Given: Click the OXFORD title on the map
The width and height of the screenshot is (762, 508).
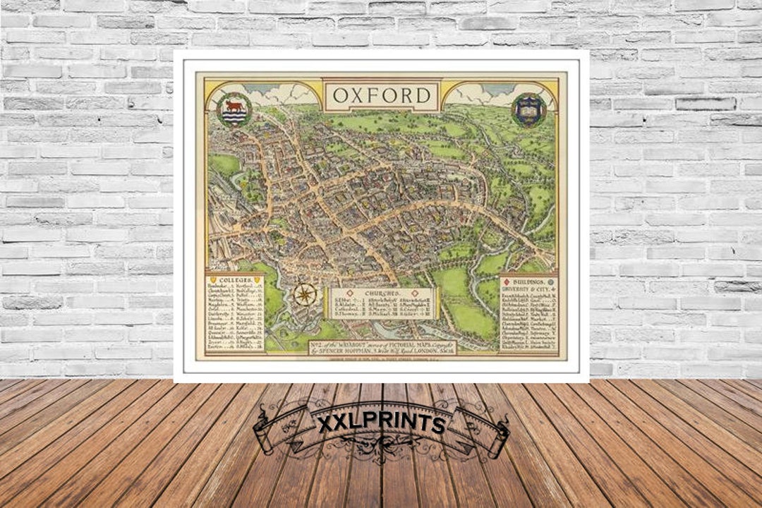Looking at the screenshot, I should pyautogui.click(x=382, y=95).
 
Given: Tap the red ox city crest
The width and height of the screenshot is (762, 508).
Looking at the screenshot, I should pyautogui.click(x=234, y=109).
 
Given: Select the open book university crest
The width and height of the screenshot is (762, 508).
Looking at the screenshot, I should pyautogui.click(x=529, y=109).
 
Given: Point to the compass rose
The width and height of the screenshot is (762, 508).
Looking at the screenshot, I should pyautogui.click(x=305, y=294).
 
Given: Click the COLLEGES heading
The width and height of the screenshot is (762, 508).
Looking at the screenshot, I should pyautogui.click(x=235, y=280).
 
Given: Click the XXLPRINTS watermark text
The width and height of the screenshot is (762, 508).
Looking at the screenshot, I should pyautogui.click(x=381, y=424).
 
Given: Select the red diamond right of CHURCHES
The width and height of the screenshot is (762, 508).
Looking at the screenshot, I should pyautogui.click(x=408, y=291).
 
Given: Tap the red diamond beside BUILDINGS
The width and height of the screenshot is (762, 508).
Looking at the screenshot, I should pyautogui.click(x=507, y=281).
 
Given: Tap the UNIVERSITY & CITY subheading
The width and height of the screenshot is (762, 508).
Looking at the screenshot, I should pyautogui.click(x=528, y=289).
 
